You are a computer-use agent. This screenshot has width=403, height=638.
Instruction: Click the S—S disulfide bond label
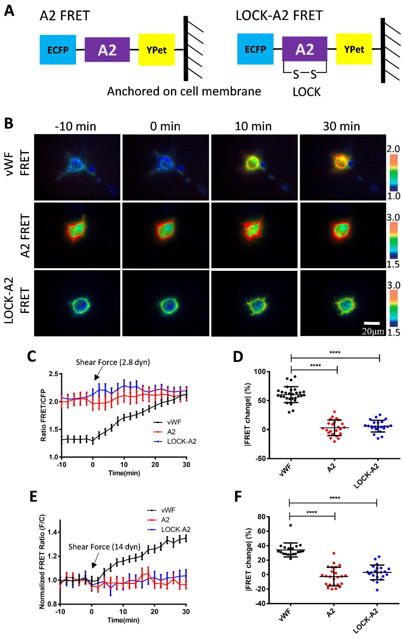[305, 75]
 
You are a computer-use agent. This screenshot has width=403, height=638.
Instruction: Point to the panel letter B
[9, 123]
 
